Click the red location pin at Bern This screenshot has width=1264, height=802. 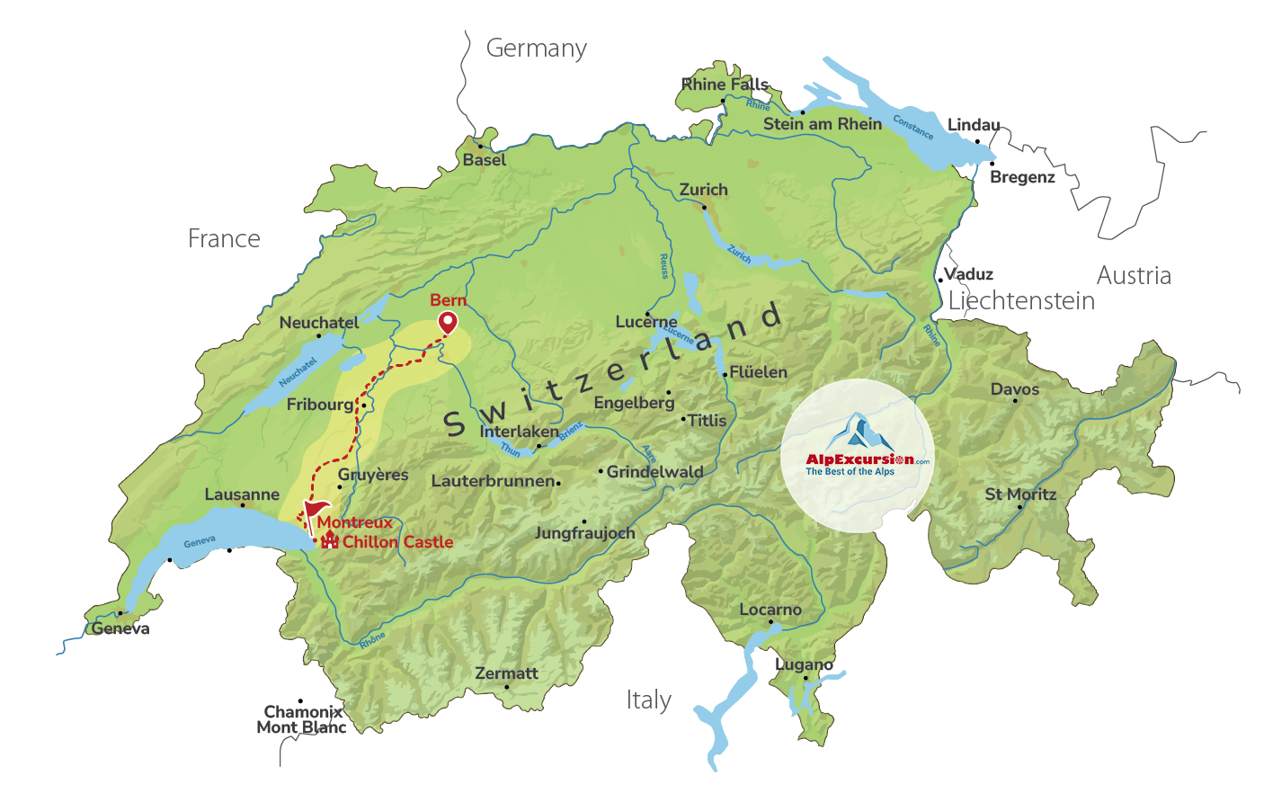(447, 322)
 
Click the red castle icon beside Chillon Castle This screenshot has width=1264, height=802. (330, 540)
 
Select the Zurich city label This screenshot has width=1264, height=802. (703, 190)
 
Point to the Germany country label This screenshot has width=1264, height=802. (536, 48)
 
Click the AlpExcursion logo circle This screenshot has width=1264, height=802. (857, 455)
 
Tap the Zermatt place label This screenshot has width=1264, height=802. (506, 673)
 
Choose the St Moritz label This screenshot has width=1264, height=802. (1020, 494)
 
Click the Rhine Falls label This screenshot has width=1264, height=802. (725, 85)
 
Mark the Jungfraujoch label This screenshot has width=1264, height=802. (584, 533)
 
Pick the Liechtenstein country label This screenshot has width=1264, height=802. (1021, 300)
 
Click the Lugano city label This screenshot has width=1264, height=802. (804, 664)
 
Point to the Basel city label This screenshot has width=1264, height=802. (485, 160)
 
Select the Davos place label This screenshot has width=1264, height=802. (1014, 389)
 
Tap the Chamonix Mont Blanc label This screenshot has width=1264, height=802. (301, 719)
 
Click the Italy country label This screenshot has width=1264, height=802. (648, 700)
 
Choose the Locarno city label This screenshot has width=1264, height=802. (770, 610)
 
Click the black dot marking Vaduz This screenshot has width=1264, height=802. (940, 280)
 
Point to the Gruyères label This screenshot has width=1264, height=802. (373, 475)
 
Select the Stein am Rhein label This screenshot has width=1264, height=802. (822, 124)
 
